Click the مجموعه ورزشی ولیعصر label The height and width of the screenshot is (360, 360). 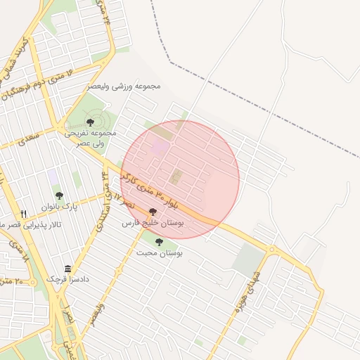tap(124, 86)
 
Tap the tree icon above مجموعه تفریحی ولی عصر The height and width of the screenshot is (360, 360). tap(90, 123)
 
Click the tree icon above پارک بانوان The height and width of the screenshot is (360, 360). tap(58, 195)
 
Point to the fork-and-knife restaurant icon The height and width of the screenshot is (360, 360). tap(23, 214)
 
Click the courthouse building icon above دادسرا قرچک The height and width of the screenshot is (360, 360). tap(67, 269)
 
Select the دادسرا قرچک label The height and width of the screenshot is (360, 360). tap(69, 279)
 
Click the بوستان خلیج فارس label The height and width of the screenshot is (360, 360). tap(153, 222)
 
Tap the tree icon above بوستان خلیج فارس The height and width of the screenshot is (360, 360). tap(153, 212)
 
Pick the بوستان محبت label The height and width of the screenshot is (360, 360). tap(160, 252)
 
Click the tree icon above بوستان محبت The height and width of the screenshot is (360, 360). tap(159, 242)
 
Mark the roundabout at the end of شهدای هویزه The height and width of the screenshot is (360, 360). tap(271, 249)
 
